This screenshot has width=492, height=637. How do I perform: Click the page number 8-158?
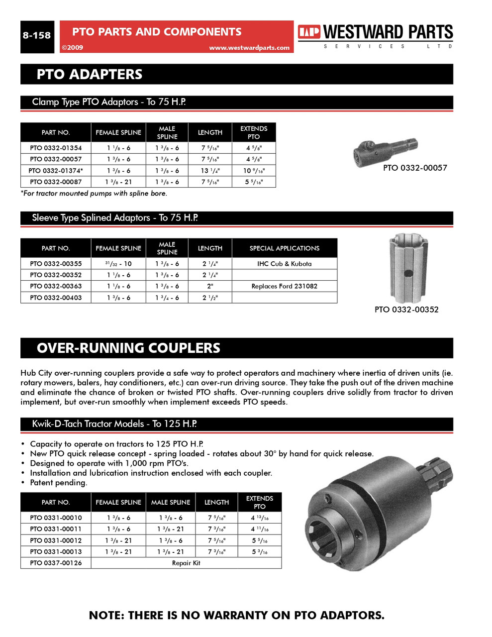37,35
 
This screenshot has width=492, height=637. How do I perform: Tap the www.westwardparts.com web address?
249,48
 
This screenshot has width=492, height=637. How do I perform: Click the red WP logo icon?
309,32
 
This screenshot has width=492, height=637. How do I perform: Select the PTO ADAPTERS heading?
90,75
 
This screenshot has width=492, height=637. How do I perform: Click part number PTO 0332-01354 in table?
56,148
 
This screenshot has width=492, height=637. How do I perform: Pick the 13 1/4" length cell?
210,171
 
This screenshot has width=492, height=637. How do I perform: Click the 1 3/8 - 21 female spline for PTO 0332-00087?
118,182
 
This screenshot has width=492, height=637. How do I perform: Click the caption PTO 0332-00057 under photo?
415,168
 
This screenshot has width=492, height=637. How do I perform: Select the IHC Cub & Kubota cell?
284,264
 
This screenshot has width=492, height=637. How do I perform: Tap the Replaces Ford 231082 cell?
284,286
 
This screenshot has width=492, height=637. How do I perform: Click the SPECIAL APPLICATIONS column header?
284,248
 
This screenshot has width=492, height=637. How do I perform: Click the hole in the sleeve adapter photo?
408,273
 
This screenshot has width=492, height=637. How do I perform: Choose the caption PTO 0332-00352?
406,310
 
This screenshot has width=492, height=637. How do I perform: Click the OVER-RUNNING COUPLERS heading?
128,348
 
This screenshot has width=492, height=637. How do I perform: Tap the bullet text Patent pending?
58,483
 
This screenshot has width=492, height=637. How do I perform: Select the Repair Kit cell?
186,563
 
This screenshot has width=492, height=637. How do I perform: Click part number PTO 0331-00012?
56,540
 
